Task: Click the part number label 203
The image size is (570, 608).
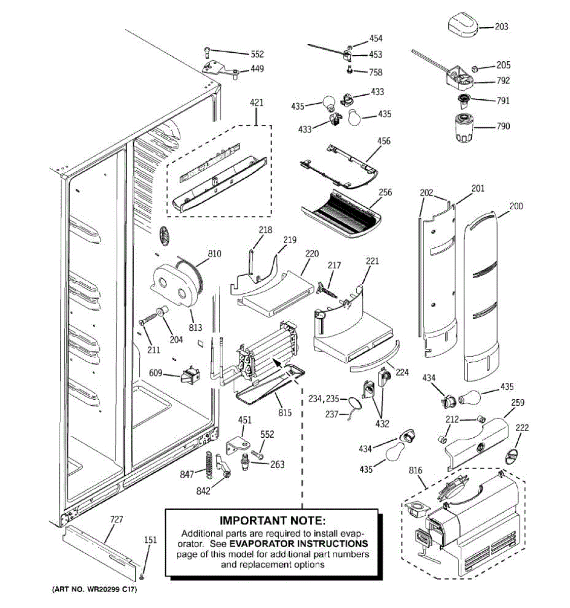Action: point(501,26)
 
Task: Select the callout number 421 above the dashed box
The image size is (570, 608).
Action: point(256,103)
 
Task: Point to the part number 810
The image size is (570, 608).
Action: point(214,253)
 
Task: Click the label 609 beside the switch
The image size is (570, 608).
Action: point(156,373)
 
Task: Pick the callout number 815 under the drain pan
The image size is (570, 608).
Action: point(285,412)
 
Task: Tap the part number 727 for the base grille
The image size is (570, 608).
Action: point(117,519)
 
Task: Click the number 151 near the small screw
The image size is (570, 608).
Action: point(150,540)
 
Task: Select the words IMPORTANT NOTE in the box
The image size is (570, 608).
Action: point(272,520)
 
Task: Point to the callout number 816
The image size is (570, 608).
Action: point(415,471)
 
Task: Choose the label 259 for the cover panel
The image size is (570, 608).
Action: point(517,403)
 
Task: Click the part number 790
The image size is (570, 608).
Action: point(503,126)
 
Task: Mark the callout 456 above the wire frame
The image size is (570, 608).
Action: point(384,141)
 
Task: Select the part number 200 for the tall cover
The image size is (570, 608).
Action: point(516,206)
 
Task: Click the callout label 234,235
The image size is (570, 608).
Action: point(324,399)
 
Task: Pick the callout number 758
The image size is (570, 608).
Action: point(375,72)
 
